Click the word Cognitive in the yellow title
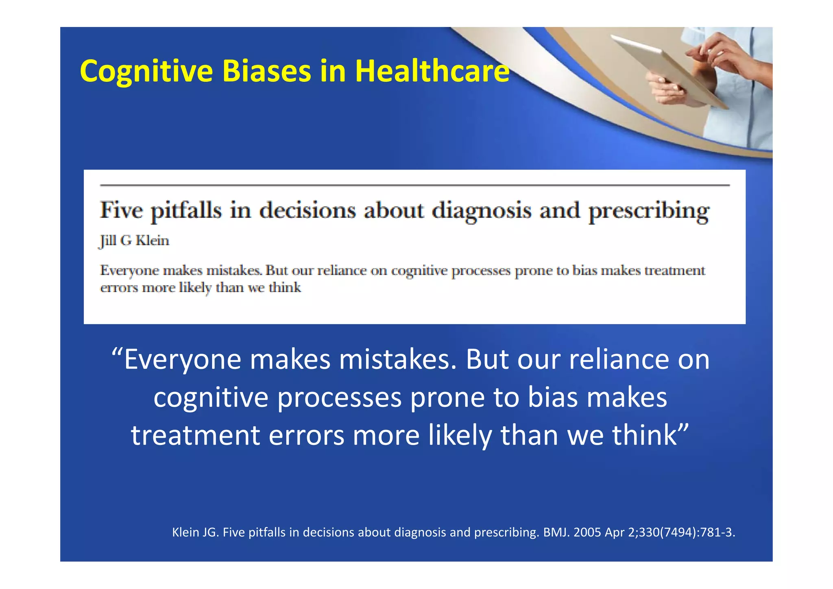[146, 71]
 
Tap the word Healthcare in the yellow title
[432, 71]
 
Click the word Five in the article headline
[121, 211]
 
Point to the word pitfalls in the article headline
[186, 211]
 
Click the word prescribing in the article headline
[649, 211]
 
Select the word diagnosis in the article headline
[481, 211]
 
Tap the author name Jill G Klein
[134, 241]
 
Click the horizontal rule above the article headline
[415, 185]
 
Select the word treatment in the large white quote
[195, 435]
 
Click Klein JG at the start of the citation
[196, 532]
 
